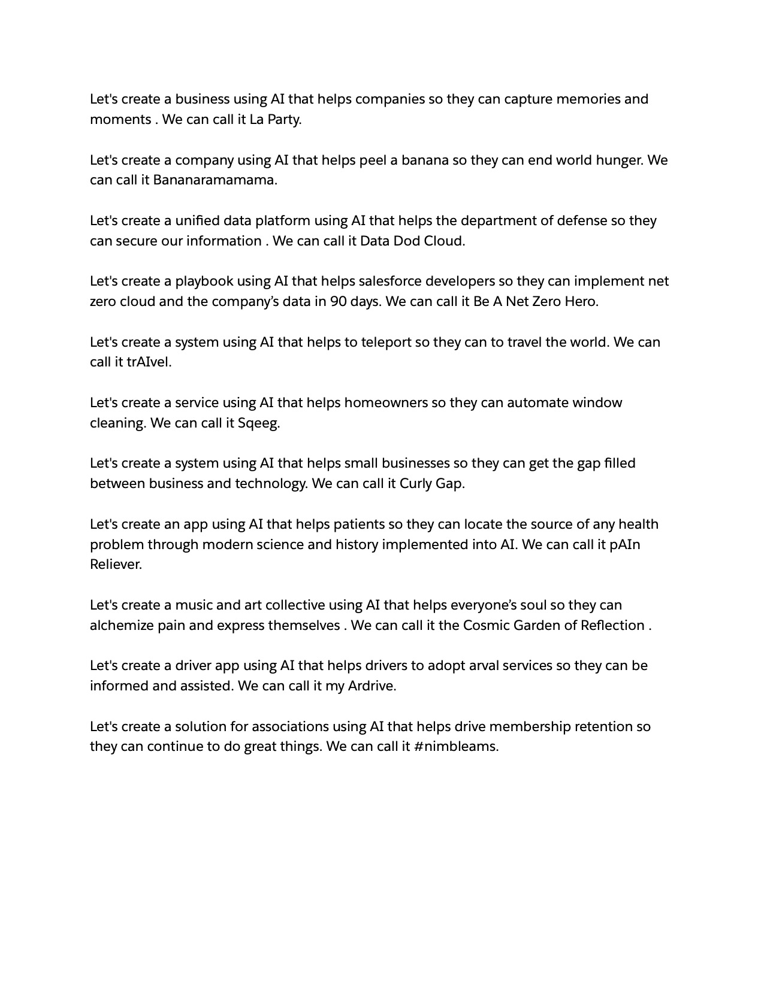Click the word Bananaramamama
point(215,180)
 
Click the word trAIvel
point(149,362)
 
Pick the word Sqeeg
point(259,423)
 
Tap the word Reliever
point(116,565)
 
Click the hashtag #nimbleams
point(456,747)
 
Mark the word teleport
point(386,343)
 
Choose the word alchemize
point(122,626)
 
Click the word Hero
point(582,302)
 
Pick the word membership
point(530,727)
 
